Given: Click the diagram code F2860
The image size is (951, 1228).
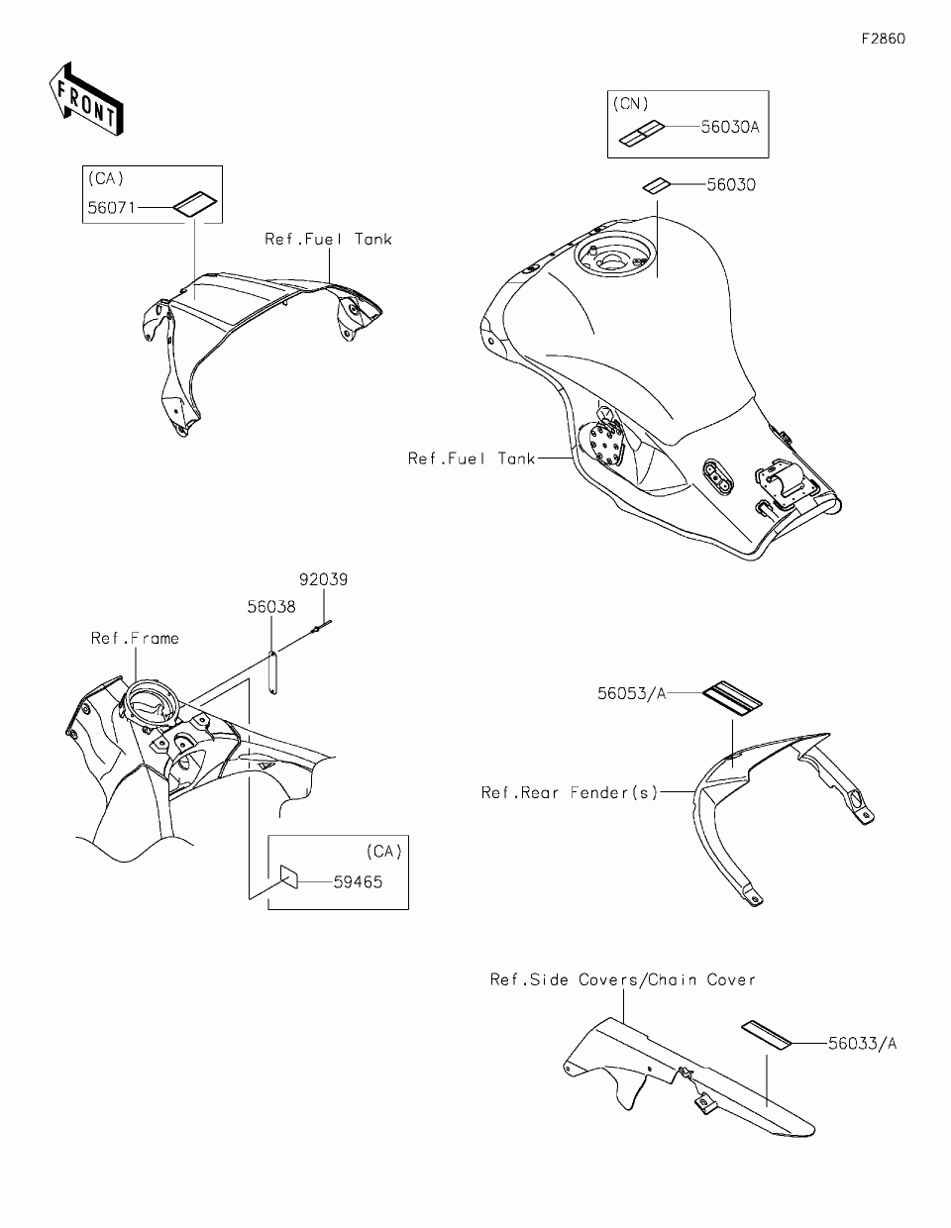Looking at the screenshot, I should [x=883, y=40].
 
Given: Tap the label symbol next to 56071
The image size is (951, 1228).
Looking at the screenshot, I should [x=194, y=203].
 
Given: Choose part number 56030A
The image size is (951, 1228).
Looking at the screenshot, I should [x=730, y=127].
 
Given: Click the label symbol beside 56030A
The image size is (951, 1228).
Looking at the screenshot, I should [x=641, y=133].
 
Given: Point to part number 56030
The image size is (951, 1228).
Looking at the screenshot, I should [x=730, y=184].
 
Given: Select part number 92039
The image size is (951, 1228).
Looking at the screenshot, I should [x=323, y=580].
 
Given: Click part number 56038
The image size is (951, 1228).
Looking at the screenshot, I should [x=271, y=606].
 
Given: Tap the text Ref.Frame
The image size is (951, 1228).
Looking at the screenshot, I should [x=135, y=638].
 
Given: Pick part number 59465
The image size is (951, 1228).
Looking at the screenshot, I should [x=357, y=880].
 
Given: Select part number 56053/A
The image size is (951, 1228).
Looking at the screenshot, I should [x=631, y=693].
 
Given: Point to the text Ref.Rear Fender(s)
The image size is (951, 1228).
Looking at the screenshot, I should [x=570, y=792].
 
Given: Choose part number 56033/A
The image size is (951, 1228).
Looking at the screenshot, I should [x=863, y=1042].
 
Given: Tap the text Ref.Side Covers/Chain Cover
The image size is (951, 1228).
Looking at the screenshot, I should [x=623, y=979].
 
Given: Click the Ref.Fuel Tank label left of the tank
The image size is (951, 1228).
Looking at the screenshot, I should [x=472, y=459].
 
